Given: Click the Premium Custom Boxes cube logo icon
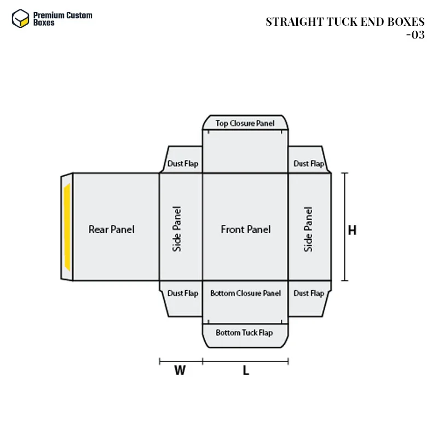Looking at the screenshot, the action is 20,19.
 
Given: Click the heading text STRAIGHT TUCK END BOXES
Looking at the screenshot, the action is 345,22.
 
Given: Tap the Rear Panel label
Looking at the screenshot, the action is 112,229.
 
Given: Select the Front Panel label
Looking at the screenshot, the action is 245,229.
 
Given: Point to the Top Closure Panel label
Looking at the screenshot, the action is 245,123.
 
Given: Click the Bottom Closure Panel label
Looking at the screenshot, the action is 245,293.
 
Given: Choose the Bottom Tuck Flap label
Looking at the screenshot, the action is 244,333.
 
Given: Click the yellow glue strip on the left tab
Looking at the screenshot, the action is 67,227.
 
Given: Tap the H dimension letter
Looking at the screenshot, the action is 352,230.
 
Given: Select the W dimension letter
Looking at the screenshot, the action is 180,371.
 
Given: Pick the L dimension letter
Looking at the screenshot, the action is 246,371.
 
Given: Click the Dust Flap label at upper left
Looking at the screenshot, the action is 183,163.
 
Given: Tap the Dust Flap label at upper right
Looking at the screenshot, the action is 309,163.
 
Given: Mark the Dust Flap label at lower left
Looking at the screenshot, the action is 183,293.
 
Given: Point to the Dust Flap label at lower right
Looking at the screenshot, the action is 309,293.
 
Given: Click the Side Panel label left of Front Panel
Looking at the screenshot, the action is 177,229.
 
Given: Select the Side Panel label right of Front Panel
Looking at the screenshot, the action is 308,229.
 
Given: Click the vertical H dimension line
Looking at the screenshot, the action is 345,227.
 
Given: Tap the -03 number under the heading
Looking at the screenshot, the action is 416,35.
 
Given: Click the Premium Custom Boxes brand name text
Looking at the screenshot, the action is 62,19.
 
